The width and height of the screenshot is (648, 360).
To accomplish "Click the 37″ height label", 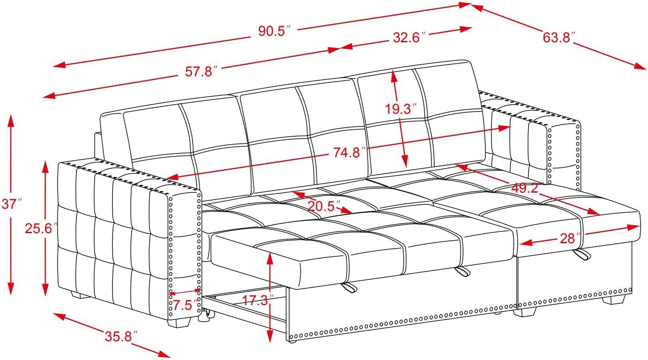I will click(11, 204).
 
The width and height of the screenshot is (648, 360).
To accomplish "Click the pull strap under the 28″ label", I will click(581, 255).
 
